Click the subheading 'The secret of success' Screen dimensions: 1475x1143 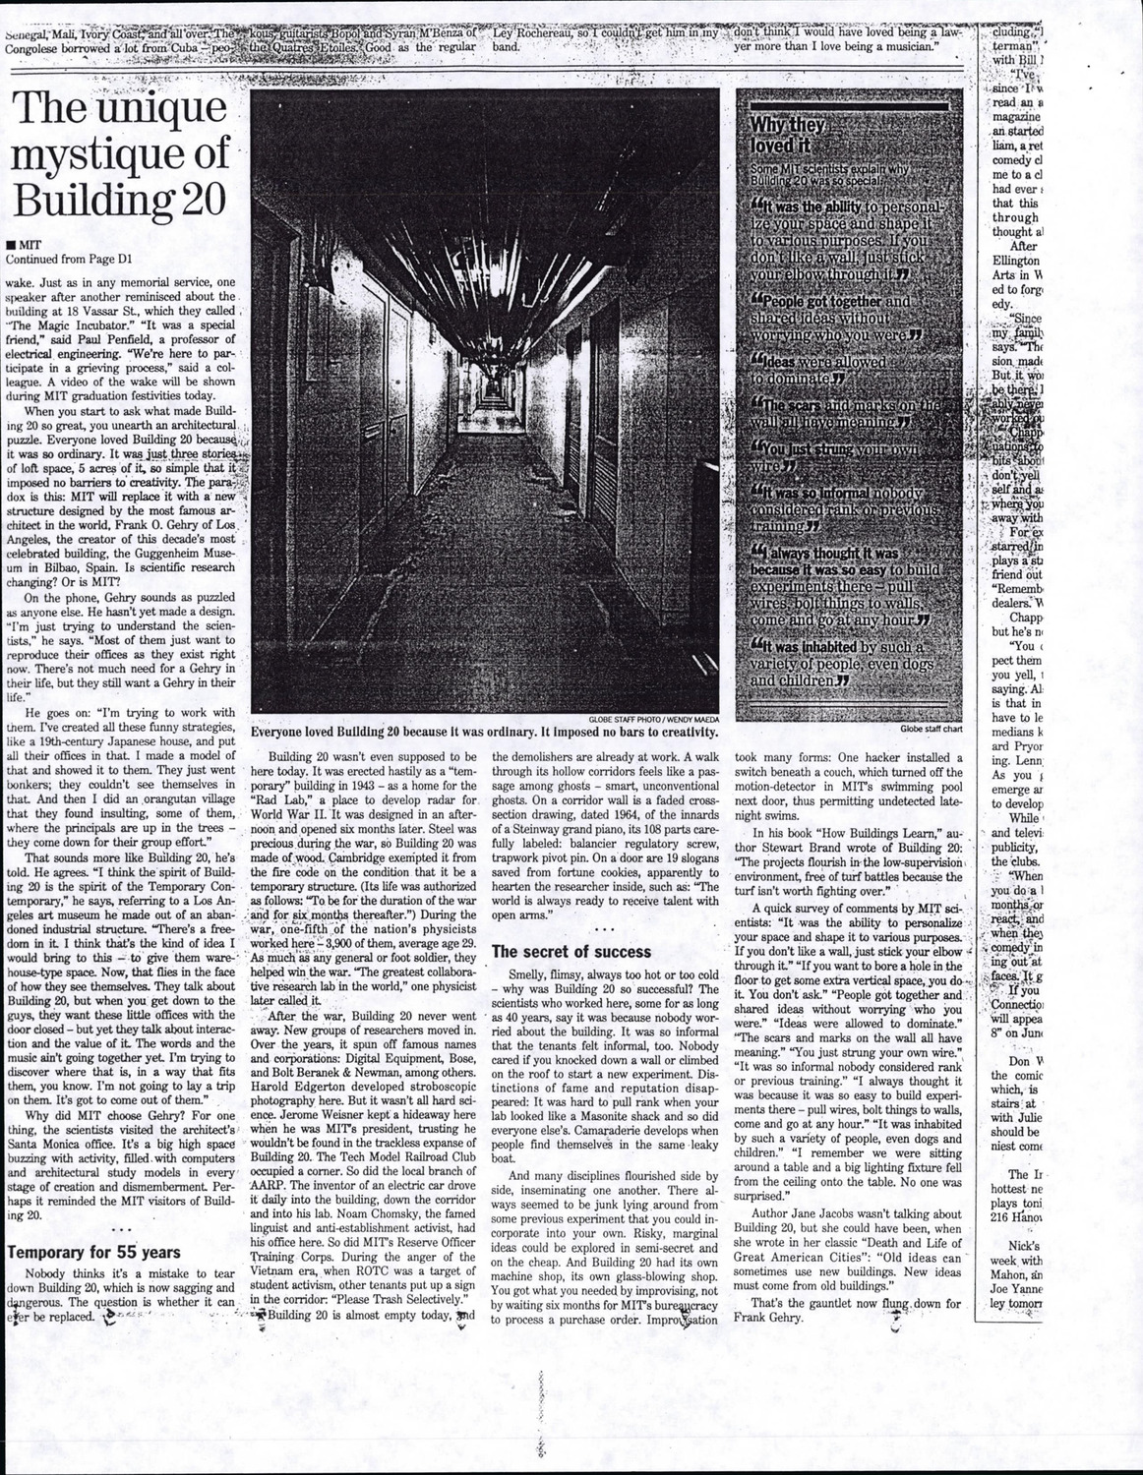pyautogui.click(x=571, y=951)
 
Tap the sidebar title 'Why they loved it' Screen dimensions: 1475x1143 pyautogui.click(x=789, y=135)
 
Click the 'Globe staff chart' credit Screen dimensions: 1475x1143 pyautogui.click(x=929, y=729)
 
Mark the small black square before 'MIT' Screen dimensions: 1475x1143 pyautogui.click(x=10, y=245)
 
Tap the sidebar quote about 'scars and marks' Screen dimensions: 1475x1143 pyautogui.click(x=844, y=413)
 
